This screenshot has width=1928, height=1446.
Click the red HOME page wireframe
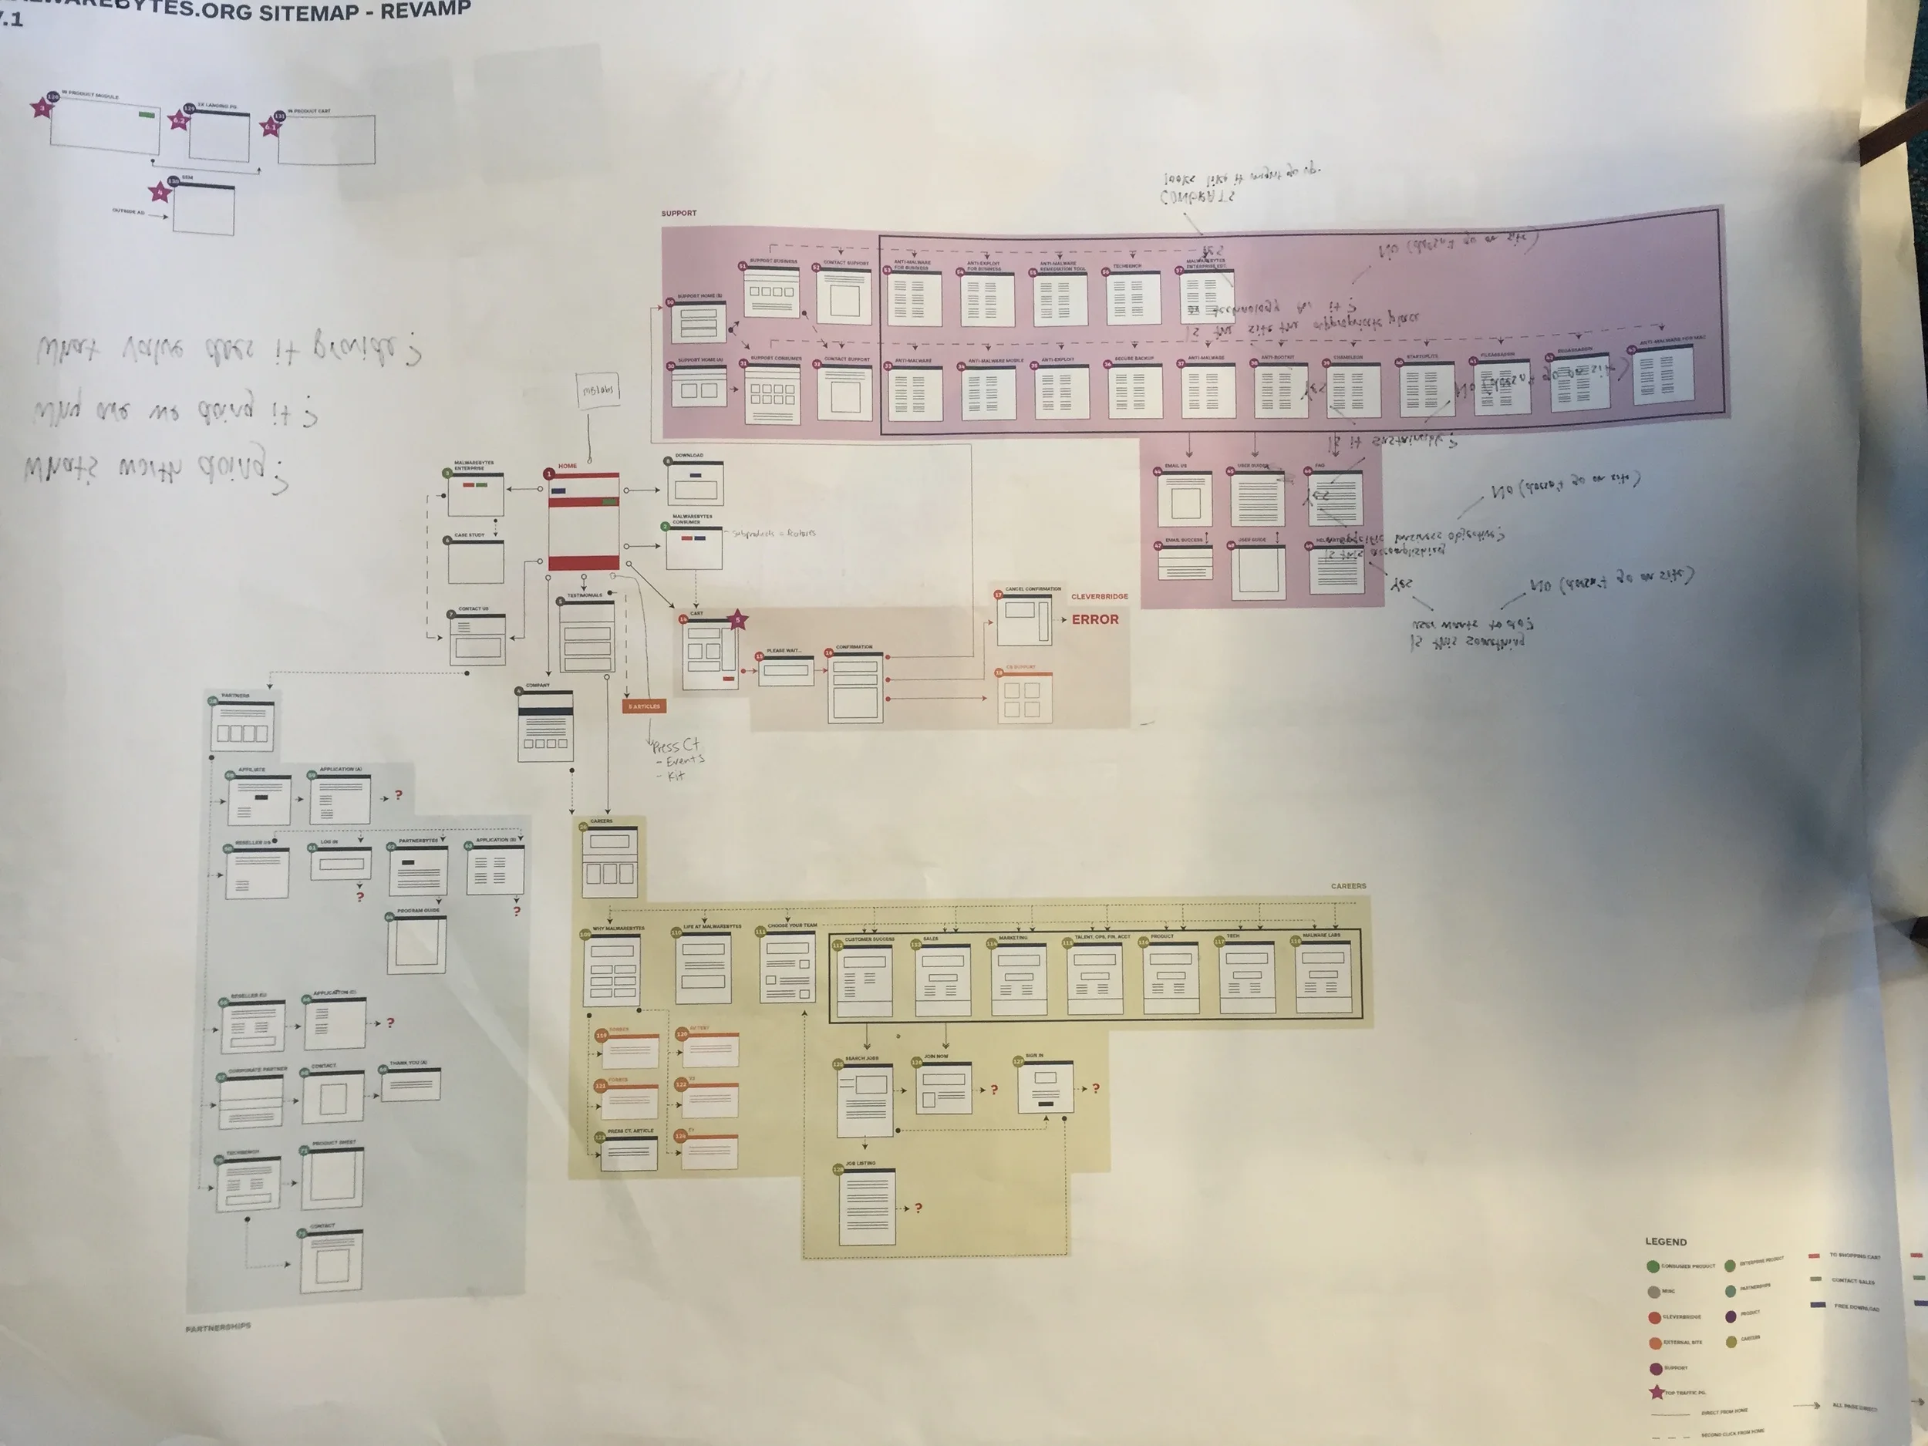tap(584, 521)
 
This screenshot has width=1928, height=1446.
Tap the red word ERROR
tap(1095, 620)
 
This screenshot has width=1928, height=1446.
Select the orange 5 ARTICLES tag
tap(644, 706)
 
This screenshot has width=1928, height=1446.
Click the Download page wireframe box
tap(695, 483)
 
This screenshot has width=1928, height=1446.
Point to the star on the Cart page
tap(737, 620)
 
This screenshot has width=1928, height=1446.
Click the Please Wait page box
tap(785, 671)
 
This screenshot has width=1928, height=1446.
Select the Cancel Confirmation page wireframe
tap(1024, 621)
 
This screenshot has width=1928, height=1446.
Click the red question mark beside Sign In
tap(1096, 1089)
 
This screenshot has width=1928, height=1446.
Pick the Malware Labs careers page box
tap(1323, 979)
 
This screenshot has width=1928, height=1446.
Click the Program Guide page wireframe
tap(416, 944)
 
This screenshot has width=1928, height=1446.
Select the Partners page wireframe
tap(242, 726)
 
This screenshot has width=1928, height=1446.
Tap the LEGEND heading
tap(1666, 1241)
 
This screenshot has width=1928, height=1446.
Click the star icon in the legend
tap(1656, 1392)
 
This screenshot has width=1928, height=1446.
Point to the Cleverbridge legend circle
tap(1654, 1318)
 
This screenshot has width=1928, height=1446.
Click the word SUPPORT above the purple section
tap(679, 213)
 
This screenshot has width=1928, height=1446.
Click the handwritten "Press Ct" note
tap(676, 746)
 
